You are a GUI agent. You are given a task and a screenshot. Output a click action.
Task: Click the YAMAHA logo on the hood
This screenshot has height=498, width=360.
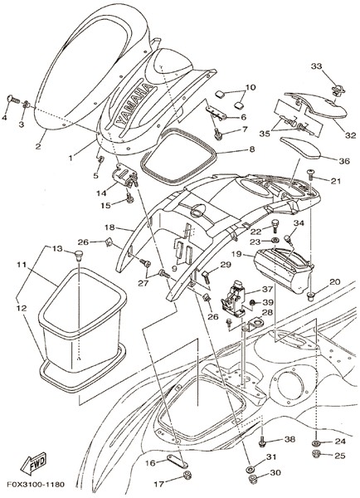tap(134, 104)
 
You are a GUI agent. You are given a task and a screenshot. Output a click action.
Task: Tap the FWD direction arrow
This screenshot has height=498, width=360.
tap(33, 463)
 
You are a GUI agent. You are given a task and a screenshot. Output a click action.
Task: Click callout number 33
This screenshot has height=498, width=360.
tap(316, 66)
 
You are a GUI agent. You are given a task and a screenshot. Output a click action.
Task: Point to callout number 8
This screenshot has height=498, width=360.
tap(251, 149)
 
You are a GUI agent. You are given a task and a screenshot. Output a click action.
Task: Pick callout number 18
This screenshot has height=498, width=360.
tap(109, 227)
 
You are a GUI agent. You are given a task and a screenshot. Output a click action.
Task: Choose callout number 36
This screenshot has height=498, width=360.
tap(344, 161)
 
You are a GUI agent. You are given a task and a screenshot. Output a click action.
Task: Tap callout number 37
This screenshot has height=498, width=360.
tap(267, 290)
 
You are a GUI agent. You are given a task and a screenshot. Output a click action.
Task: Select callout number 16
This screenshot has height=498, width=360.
tap(151, 463)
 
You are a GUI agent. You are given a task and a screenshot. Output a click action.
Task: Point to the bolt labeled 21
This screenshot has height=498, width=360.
tap(310, 174)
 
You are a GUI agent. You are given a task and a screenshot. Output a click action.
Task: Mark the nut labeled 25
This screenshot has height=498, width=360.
tap(316, 453)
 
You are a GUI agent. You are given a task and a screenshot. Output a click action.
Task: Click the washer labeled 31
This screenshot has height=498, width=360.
tap(250, 468)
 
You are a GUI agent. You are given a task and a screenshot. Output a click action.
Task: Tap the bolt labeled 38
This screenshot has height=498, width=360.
tap(262, 442)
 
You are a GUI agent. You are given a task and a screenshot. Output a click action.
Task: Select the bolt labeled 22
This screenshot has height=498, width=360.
tap(275, 225)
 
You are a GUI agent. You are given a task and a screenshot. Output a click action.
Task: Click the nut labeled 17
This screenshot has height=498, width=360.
tap(187, 476)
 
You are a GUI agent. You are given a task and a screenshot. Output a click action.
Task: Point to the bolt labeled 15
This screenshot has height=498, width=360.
tap(130, 198)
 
